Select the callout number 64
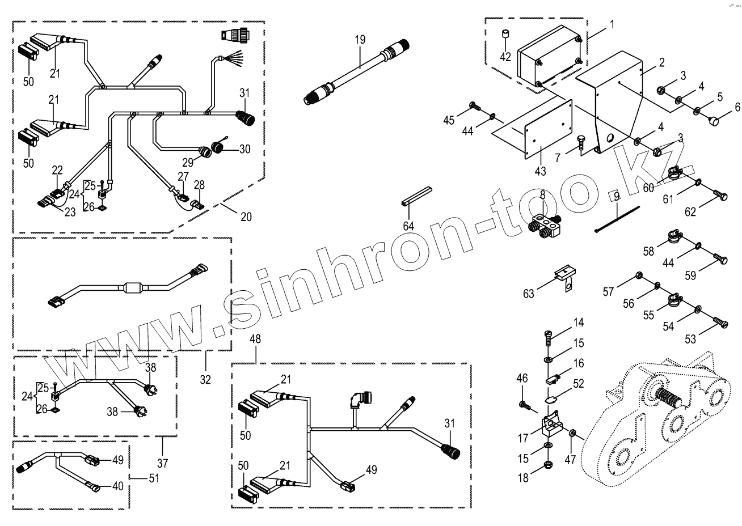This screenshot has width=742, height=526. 408,226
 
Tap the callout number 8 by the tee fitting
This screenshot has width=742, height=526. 542,194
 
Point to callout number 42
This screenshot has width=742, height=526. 505,57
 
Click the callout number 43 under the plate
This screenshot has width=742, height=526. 540,171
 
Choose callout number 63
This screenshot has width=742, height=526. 529,293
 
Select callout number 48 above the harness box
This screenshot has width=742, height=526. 256,340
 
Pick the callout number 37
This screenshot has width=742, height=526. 163,463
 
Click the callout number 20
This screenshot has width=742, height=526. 246,217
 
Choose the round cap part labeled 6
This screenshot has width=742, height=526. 714,121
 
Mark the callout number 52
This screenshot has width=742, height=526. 578,384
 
